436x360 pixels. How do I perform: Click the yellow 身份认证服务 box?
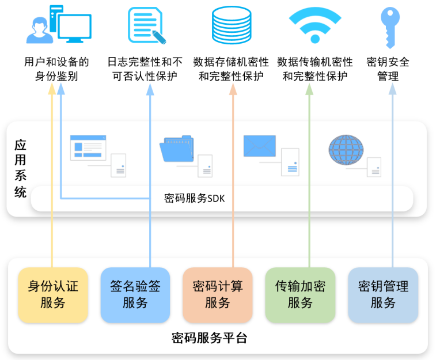pyautogui.click(x=52, y=294)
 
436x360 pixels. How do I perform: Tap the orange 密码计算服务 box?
pyautogui.click(x=217, y=294)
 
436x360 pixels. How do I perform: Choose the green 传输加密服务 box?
pyautogui.click(x=300, y=294)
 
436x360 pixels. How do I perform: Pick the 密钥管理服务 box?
pyautogui.click(x=382, y=294)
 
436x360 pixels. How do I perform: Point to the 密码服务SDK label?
pyautogui.click(x=194, y=199)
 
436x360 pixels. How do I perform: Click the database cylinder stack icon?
pyautogui.click(x=232, y=26)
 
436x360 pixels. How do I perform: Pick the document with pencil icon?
pyautogui.click(x=147, y=26)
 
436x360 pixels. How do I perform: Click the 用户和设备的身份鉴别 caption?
pyautogui.click(x=56, y=69)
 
